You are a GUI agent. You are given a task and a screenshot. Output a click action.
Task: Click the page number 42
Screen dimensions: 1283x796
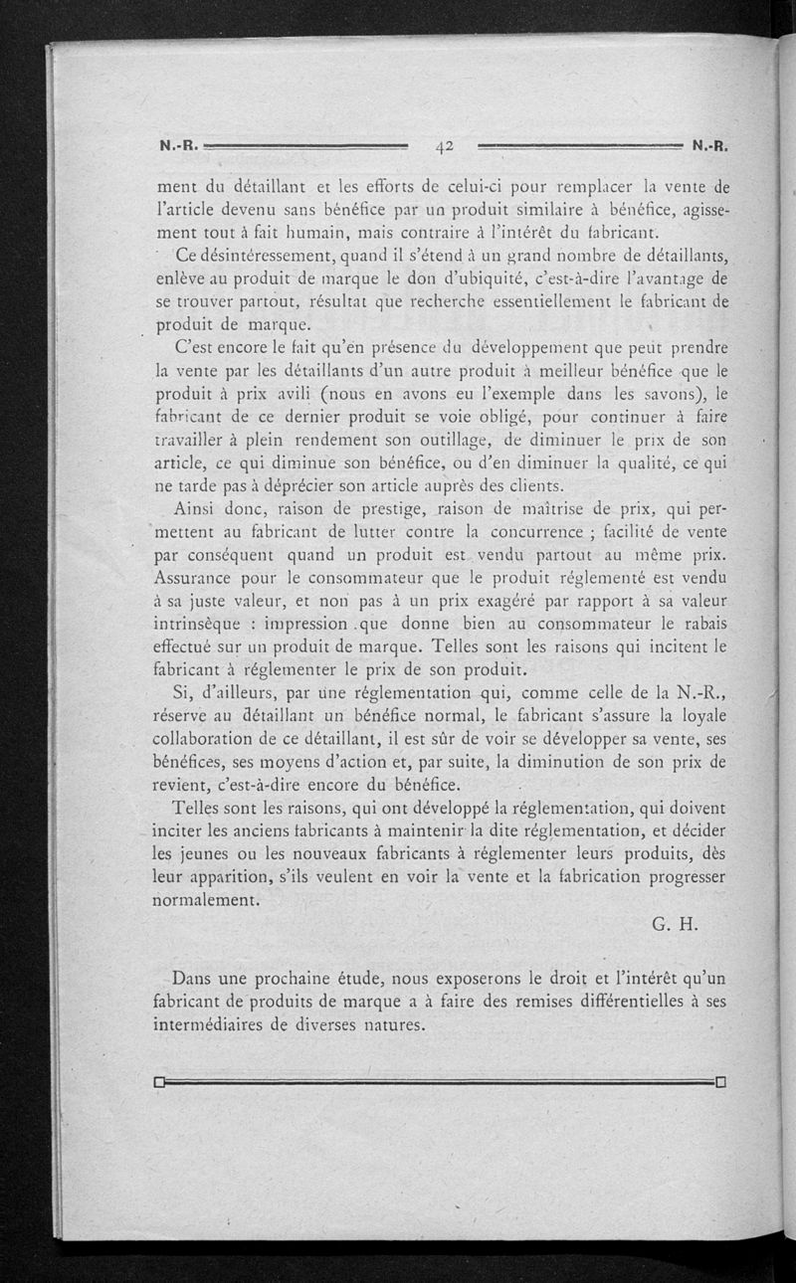pos(444,146)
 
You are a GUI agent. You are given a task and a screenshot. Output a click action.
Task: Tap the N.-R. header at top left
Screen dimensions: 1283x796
pos(179,145)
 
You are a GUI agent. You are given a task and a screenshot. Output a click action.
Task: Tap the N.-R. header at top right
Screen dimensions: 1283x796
pos(710,145)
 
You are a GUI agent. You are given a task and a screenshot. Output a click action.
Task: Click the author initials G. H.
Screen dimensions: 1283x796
pos(677,922)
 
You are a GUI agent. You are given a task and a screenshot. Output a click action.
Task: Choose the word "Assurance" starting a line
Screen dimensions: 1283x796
pos(200,578)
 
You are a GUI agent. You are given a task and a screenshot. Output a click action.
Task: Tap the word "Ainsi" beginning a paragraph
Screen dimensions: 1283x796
pos(197,509)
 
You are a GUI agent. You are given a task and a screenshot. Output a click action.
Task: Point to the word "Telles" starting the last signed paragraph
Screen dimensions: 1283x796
pos(198,808)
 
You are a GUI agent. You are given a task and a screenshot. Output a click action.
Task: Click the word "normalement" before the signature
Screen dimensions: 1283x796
pos(205,899)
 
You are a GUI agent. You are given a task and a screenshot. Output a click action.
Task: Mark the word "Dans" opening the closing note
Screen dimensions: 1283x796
pos(194,979)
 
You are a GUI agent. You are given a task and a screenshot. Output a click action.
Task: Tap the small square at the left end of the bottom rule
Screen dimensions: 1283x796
pos(159,1082)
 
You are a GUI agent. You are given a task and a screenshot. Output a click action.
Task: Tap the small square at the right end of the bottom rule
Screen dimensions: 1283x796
pos(721,1082)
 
